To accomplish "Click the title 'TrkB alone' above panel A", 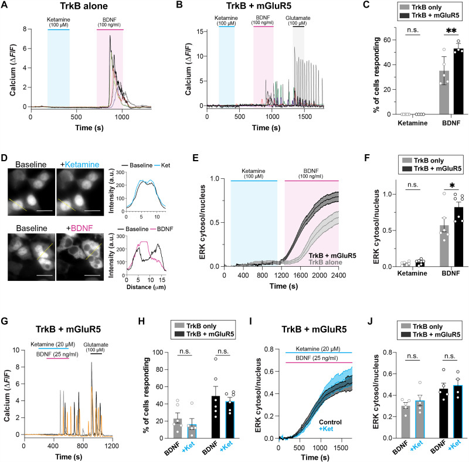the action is click(84, 6).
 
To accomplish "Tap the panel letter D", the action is click(4, 158).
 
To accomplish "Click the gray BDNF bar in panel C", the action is click(444, 93).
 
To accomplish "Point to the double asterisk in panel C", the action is click(451, 30).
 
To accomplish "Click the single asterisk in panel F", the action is click(452, 185).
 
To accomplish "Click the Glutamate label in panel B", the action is click(298, 18).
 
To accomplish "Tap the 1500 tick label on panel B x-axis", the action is click(304, 117).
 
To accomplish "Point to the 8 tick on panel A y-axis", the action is click(25, 29).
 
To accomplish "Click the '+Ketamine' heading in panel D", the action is click(80, 165).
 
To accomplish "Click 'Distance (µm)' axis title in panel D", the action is click(146, 287).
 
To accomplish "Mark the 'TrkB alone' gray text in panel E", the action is click(325, 263).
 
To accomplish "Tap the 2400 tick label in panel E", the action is click(339, 276).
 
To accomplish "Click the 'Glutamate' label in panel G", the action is click(96, 345).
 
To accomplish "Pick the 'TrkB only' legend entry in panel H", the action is click(201, 326).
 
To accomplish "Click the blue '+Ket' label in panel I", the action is click(326, 429).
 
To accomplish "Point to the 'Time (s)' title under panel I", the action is click(315, 457).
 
